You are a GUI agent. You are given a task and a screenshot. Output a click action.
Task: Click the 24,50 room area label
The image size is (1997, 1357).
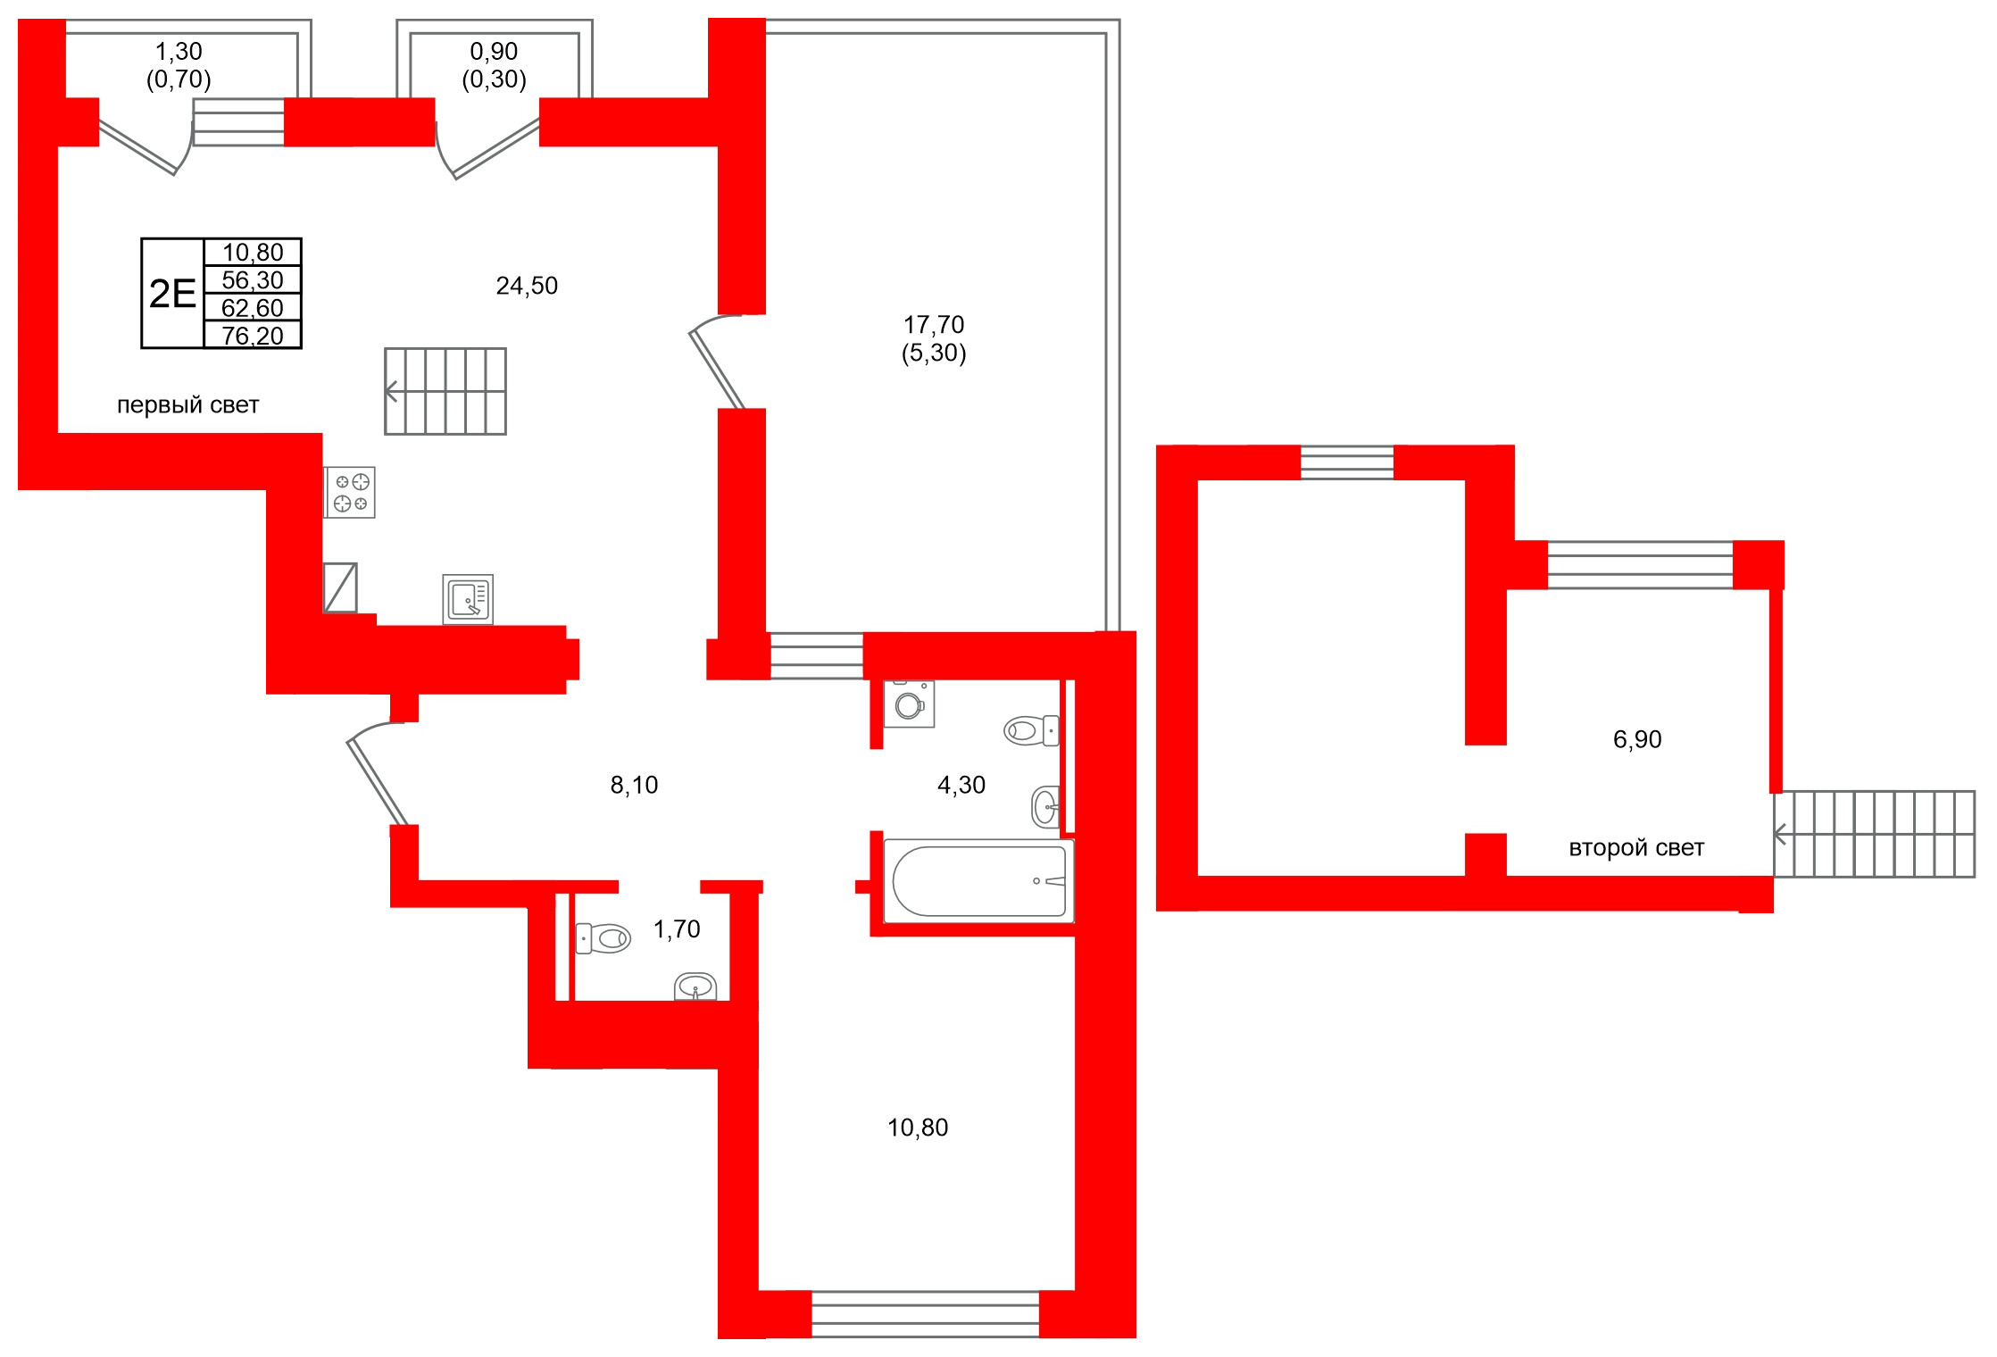pos(527,286)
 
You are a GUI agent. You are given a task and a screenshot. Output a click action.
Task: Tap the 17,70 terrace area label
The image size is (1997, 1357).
pos(934,325)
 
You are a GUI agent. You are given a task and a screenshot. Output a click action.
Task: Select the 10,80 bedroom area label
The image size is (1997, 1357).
pos(918,1128)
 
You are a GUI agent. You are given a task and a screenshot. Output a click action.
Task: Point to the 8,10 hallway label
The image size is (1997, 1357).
pos(634,785)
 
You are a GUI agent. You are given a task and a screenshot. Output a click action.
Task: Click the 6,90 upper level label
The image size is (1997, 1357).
pos(1637,739)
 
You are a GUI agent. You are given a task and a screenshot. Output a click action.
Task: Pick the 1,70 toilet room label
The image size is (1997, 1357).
pos(677,929)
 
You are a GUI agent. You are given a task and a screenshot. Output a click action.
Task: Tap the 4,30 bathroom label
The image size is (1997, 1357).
pos(961,785)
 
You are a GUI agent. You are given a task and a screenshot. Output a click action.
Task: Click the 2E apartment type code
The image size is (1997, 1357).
pos(172,294)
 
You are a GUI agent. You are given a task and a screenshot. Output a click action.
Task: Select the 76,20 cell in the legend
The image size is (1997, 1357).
pos(253,336)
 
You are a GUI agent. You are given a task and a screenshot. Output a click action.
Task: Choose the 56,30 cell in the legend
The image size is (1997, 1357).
pos(253,280)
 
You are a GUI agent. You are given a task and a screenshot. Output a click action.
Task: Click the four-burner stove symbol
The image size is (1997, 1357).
pos(350,493)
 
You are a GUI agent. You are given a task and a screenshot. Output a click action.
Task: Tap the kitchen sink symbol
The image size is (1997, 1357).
pos(468,599)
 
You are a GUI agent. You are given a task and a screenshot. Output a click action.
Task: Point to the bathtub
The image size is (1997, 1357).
pos(979,881)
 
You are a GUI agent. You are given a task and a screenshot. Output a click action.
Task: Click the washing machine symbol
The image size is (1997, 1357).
pos(909,705)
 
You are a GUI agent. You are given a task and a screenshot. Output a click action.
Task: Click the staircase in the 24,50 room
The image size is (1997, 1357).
pos(445,391)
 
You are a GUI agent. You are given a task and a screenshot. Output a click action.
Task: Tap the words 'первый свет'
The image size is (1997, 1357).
pos(187,405)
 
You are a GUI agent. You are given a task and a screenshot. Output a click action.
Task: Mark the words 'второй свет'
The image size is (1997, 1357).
pos(1636,848)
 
